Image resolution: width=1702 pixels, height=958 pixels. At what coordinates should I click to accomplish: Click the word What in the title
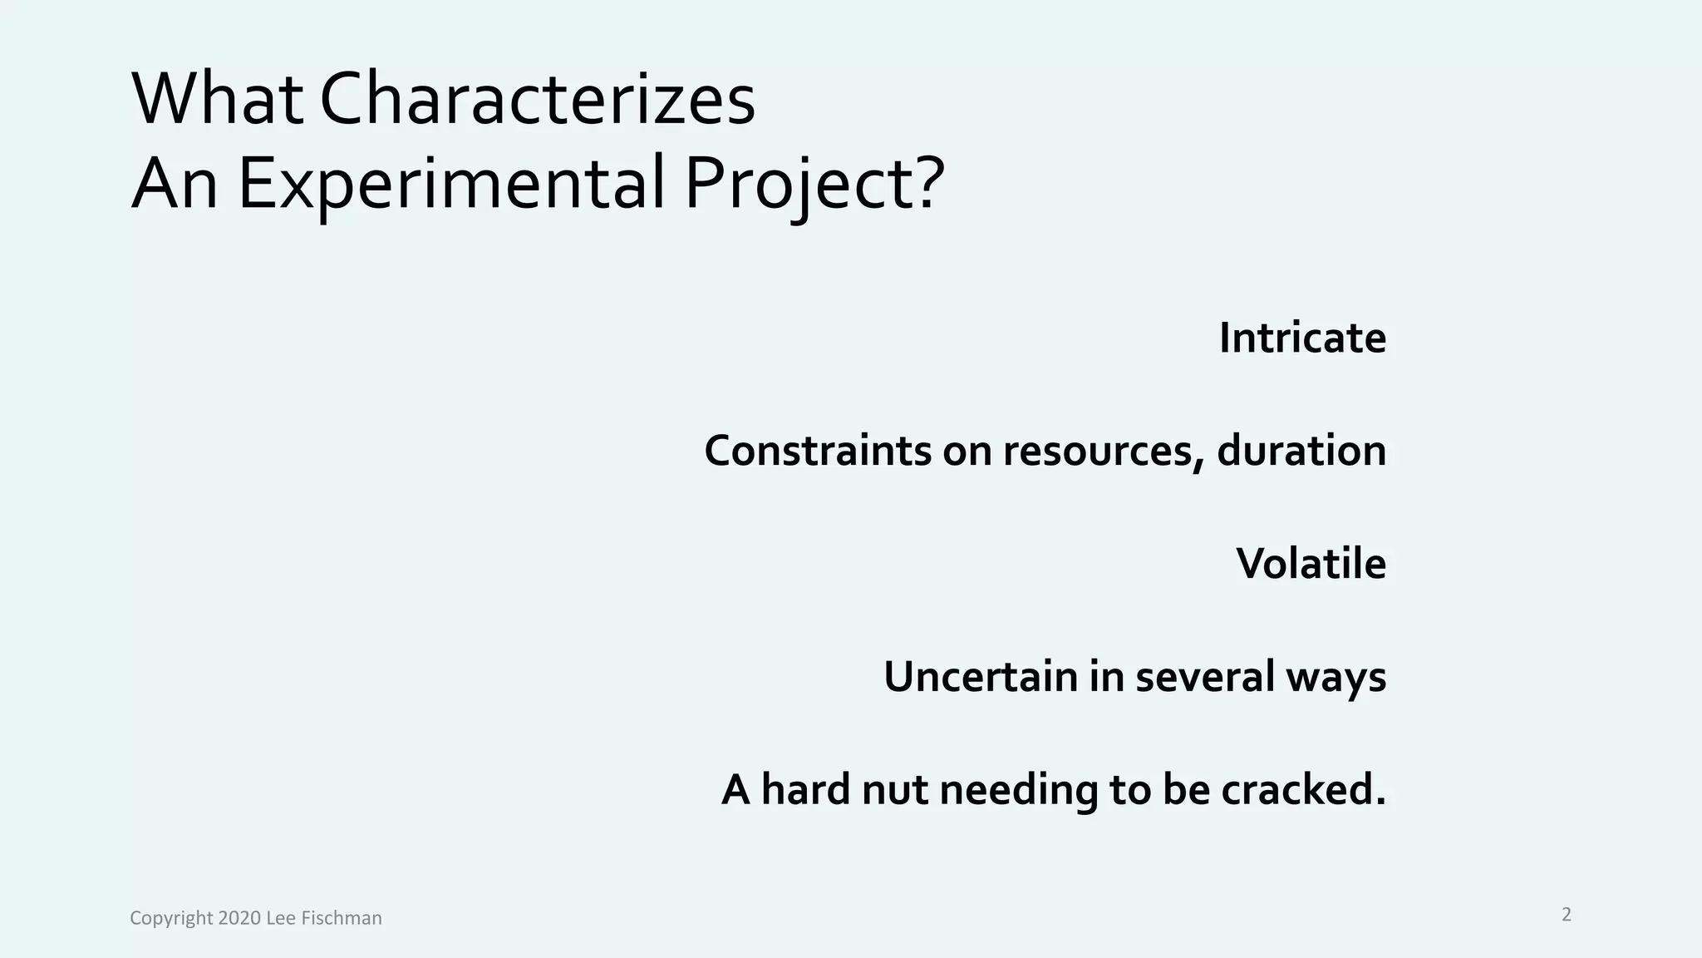point(218,100)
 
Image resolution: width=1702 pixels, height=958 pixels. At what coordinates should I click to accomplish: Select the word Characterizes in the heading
point(537,100)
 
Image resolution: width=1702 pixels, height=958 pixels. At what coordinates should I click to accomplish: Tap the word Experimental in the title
point(451,183)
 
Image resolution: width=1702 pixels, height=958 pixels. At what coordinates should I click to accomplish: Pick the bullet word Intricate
point(1302,338)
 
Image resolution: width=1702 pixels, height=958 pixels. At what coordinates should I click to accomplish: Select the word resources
point(1102,451)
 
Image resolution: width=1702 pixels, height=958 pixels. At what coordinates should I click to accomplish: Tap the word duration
point(1301,451)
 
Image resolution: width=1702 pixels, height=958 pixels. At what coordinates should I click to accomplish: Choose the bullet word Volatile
point(1311,564)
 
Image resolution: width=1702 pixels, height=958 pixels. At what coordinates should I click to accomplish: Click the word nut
point(894,789)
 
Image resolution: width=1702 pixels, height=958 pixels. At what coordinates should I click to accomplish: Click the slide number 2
point(1567,915)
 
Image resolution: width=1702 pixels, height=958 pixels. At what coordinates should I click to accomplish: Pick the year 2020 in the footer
point(239,918)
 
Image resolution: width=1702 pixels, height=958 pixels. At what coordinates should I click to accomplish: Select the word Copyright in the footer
point(171,919)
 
